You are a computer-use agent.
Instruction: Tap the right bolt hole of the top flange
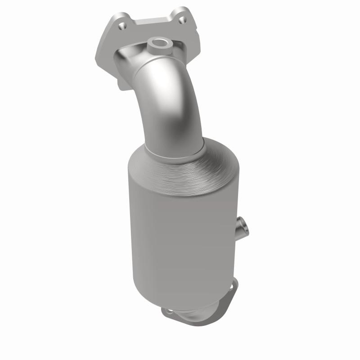point(181,20)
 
